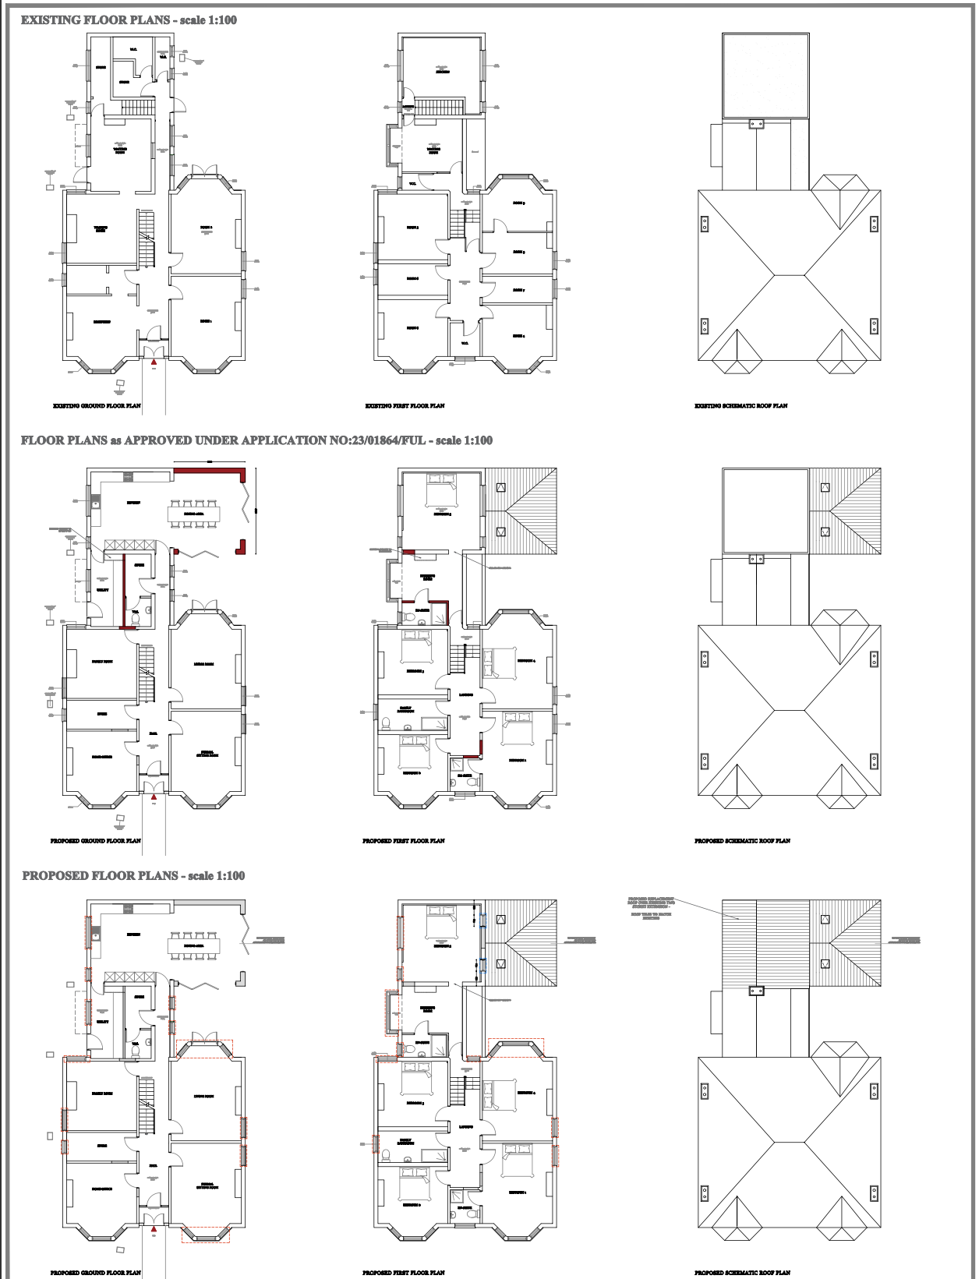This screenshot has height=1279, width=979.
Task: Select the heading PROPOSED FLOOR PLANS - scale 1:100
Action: pyautogui.click(x=133, y=876)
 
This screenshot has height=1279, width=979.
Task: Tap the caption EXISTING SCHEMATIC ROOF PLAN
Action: pyautogui.click(x=740, y=406)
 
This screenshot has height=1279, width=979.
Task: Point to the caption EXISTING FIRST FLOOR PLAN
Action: pyautogui.click(x=405, y=406)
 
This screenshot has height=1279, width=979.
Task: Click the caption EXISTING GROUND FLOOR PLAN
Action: pyautogui.click(x=97, y=406)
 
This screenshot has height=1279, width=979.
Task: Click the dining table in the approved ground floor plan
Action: pyautogui.click(x=193, y=514)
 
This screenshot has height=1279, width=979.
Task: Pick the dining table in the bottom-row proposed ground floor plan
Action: pyautogui.click(x=193, y=945)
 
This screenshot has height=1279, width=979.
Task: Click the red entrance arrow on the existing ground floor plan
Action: pyautogui.click(x=154, y=362)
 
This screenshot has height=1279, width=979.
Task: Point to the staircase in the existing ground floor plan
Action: pyautogui.click(x=147, y=238)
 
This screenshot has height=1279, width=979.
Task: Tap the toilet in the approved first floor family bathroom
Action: pyautogui.click(x=386, y=721)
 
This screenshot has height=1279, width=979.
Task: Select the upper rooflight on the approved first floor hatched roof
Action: pyautogui.click(x=500, y=488)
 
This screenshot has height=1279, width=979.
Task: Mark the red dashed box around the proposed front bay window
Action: pyautogui.click(x=206, y=1234)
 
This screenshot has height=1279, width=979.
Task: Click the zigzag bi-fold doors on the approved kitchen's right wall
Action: pyautogui.click(x=249, y=503)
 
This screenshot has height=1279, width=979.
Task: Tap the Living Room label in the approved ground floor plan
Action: pyautogui.click(x=203, y=664)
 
